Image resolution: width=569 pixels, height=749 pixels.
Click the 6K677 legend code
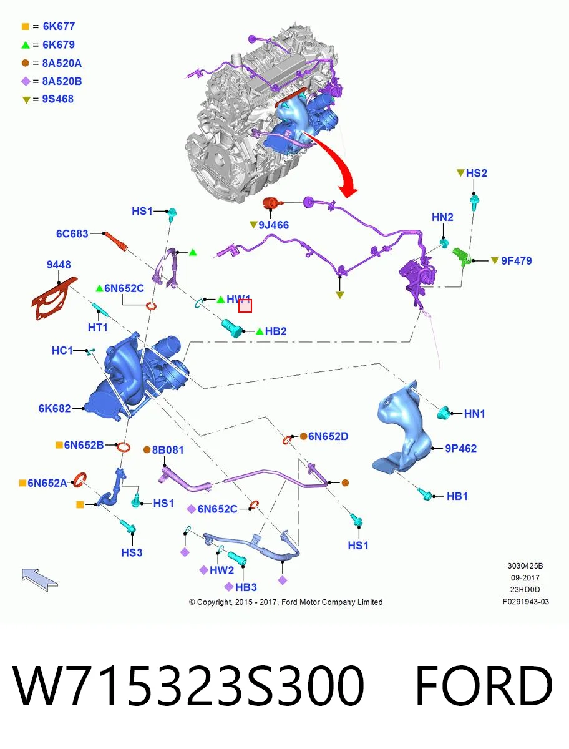59,26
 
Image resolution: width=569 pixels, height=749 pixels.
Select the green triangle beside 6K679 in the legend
26,45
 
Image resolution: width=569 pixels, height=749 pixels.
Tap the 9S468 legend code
57,99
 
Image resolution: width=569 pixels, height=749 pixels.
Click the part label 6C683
72,233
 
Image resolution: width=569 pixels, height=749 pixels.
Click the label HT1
97,328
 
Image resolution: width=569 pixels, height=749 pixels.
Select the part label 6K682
54,408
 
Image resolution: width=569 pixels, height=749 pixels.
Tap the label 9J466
273,225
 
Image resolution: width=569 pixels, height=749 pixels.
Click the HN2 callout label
442,217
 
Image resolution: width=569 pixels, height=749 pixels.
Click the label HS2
476,173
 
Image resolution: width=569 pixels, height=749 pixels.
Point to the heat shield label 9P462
460,448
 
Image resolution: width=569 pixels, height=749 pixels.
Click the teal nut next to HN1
443,413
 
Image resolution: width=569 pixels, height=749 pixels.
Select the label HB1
457,496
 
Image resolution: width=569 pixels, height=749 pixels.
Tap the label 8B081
168,450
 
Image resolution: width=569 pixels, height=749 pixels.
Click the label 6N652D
328,436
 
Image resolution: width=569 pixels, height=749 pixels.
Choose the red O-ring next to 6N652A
80,480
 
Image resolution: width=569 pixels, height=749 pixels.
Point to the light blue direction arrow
39,580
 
